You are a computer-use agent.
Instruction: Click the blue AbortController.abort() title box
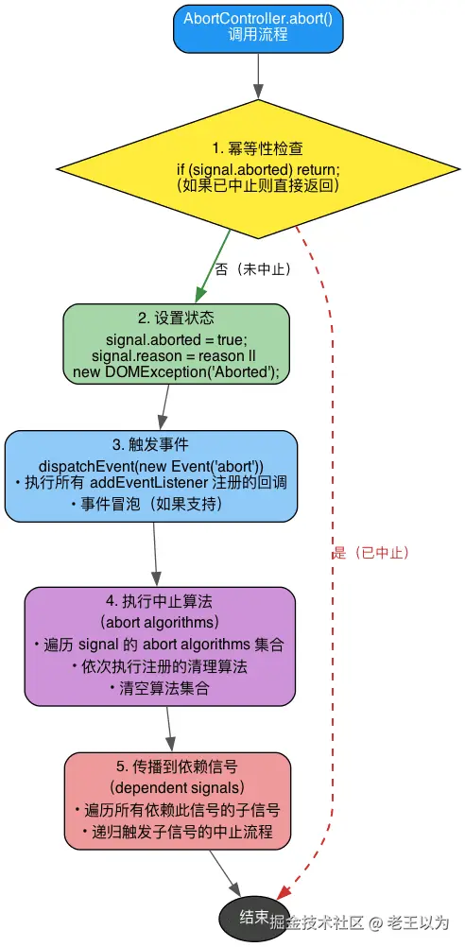pyautogui.click(x=257, y=26)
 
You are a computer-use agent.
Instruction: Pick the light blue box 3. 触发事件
pyautogui.click(x=151, y=475)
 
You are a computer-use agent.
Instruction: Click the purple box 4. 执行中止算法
pyautogui.click(x=160, y=646)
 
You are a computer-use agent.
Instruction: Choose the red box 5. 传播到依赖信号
pyautogui.click(x=178, y=801)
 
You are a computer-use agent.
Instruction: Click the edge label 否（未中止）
pyautogui.click(x=252, y=269)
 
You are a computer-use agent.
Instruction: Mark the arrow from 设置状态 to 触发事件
pyautogui.click(x=164, y=407)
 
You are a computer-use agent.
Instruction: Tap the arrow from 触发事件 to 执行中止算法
pyautogui.click(x=155, y=554)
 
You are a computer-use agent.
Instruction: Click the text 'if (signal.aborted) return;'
pyautogui.click(x=258, y=168)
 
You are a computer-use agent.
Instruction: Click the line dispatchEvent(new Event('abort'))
pyautogui.click(x=151, y=466)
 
